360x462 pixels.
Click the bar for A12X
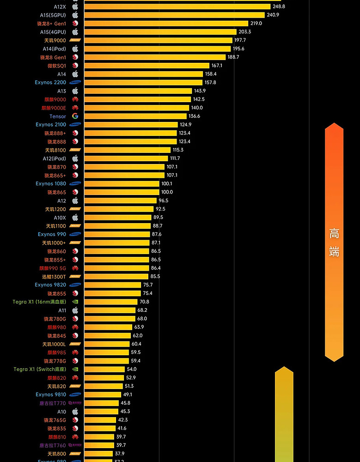tap(177, 6)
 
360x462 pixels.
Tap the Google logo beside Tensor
tap(75, 116)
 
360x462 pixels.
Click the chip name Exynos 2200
tap(50, 83)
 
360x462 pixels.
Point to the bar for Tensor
tap(135, 116)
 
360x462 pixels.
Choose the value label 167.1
tap(217, 66)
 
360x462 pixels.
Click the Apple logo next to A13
tap(75, 91)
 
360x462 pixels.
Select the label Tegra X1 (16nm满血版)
tap(39, 302)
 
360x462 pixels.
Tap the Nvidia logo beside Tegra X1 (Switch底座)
tap(75, 370)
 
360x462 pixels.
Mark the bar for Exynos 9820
tap(112, 285)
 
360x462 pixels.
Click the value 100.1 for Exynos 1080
tap(167, 184)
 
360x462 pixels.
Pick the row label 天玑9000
tap(55, 41)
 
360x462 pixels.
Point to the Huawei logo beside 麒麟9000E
tap(75, 108)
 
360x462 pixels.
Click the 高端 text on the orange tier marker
tap(334, 243)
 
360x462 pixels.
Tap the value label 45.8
tap(125, 403)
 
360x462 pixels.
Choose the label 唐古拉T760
tap(53, 445)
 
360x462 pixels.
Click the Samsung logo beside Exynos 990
tap(75, 235)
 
